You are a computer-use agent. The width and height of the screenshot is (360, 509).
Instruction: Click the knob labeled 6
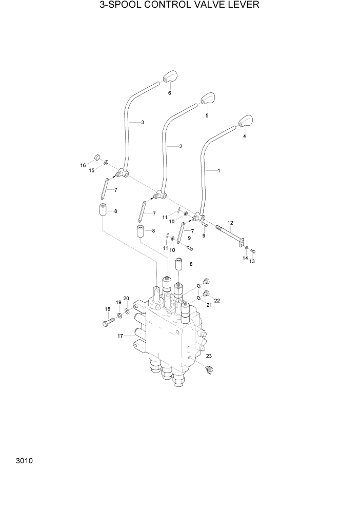170,77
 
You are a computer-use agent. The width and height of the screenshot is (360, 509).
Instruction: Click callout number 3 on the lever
143,122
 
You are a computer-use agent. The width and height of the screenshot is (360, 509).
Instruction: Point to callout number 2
181,146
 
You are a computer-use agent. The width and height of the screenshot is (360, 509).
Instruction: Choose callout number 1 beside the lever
219,170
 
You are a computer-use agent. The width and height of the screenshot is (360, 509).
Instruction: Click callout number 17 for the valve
120,336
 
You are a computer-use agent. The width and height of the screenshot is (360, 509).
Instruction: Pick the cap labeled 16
96,158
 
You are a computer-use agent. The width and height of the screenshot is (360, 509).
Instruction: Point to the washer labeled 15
106,163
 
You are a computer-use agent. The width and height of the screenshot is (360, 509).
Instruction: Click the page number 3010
24,460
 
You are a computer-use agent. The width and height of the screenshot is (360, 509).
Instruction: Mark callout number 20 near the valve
126,298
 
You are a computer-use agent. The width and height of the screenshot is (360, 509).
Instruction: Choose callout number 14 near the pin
245,258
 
